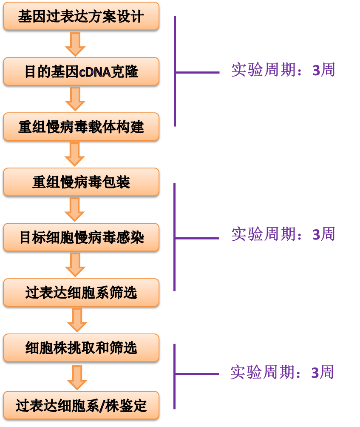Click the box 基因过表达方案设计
click(x=81, y=17)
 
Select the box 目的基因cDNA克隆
click(x=81, y=72)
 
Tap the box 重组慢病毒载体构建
click(x=81, y=127)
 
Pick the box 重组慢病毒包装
click(x=81, y=182)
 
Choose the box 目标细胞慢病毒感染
click(x=81, y=237)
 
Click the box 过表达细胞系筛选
click(x=81, y=293)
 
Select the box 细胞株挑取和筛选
click(x=81, y=348)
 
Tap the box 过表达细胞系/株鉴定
click(x=81, y=405)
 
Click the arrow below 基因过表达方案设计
click(x=76, y=44)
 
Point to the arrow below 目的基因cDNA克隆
click(x=76, y=99)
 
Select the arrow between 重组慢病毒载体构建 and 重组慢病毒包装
click(x=75, y=154)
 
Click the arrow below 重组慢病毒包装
click(x=75, y=210)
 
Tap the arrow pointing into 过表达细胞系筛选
click(x=76, y=265)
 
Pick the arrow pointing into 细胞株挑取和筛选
click(x=77, y=320)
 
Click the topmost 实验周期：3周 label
click(x=283, y=70)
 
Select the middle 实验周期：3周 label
click(x=283, y=234)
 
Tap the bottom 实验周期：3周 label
click(x=282, y=373)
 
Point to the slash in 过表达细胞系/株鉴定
click(x=100, y=406)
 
